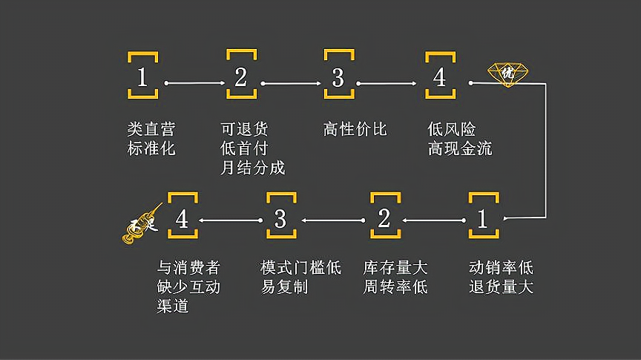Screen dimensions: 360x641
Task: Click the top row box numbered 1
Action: (x=143, y=76)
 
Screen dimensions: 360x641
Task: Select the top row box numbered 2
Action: (x=241, y=76)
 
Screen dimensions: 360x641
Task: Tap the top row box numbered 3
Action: (x=338, y=76)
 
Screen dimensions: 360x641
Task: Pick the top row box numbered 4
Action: (x=439, y=76)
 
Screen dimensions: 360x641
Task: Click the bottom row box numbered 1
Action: (x=482, y=217)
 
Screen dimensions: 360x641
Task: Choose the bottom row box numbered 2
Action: (x=384, y=217)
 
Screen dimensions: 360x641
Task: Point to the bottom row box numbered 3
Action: (x=280, y=217)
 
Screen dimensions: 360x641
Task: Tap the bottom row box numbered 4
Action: (x=183, y=217)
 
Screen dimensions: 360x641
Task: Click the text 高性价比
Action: (x=355, y=129)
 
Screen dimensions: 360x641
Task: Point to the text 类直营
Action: (x=151, y=129)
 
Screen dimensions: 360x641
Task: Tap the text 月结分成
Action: (x=253, y=168)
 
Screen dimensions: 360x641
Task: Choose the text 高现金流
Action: (x=460, y=148)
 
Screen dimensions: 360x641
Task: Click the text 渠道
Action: (x=172, y=306)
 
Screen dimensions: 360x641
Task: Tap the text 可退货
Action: (x=245, y=129)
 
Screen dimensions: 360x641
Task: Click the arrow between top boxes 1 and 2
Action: (x=193, y=83)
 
